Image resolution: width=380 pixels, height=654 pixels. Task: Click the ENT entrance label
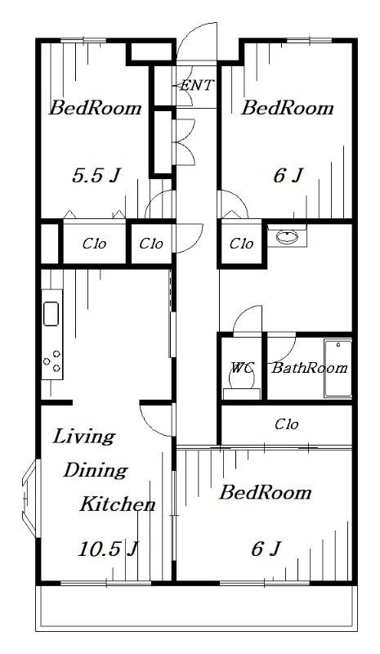coord(197,86)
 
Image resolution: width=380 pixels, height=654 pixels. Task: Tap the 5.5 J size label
coord(96,176)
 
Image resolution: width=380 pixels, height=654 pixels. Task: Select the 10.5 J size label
coord(108,549)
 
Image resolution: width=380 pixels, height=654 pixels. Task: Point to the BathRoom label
coord(310,368)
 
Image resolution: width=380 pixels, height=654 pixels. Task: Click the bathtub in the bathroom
coord(338,369)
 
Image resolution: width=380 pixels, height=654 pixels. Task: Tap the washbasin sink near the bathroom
coord(287,237)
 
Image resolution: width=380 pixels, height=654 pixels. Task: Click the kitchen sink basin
coord(51,314)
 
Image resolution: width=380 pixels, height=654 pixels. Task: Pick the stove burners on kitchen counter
coord(52,361)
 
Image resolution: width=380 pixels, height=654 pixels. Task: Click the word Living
coord(83,437)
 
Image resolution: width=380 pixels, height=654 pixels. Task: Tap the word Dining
coord(95,471)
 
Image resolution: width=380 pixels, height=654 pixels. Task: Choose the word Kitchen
coord(117,504)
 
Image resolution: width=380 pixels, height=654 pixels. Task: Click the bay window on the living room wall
coord(30,498)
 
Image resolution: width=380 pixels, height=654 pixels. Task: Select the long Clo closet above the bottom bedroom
coord(287,424)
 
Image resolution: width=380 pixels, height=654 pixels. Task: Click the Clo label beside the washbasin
coord(241,243)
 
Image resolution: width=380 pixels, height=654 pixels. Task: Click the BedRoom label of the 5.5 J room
coord(96,109)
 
